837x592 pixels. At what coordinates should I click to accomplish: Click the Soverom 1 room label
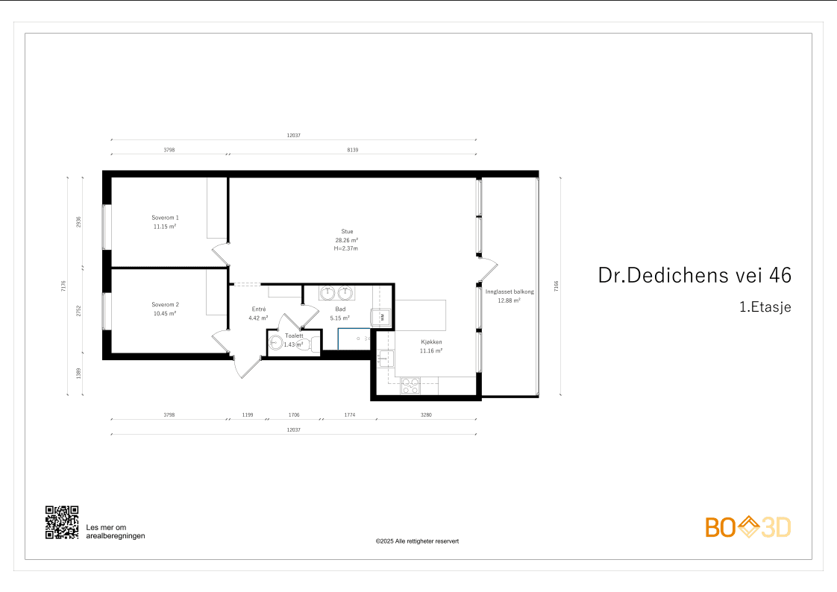(165, 218)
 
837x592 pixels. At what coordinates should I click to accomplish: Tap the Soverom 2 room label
(165, 304)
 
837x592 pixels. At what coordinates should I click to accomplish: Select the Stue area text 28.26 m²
(346, 240)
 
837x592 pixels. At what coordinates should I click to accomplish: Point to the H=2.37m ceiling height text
(346, 248)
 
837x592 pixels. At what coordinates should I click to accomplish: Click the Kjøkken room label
(431, 342)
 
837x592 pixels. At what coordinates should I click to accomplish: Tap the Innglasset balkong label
(510, 292)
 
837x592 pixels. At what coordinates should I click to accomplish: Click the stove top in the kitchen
(410, 385)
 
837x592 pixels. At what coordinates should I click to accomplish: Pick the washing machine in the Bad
(382, 318)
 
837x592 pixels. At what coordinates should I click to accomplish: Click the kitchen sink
(386, 359)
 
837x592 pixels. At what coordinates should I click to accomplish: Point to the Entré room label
(259, 309)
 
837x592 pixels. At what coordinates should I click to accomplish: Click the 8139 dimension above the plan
(353, 150)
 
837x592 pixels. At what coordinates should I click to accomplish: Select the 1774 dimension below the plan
(350, 415)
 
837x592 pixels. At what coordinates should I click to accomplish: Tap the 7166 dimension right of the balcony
(556, 286)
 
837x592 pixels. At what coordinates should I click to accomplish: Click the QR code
(62, 523)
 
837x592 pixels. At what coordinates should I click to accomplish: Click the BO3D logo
(748, 527)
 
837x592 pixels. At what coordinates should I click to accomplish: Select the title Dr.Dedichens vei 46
(695, 275)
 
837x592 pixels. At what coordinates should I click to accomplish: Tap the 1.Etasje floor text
(765, 306)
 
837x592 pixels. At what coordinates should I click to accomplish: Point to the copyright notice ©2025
(417, 541)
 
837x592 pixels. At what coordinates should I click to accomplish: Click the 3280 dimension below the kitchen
(426, 415)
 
